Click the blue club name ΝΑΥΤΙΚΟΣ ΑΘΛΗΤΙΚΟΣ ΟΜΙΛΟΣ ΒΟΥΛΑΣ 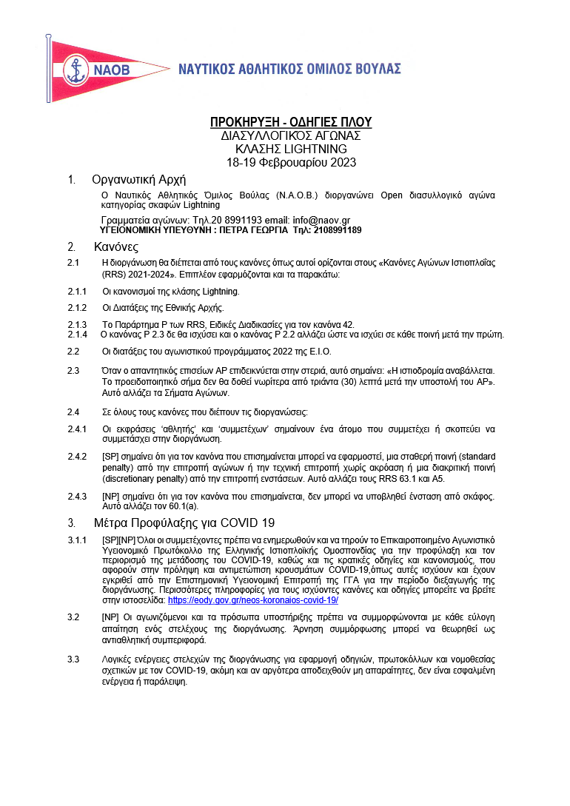(x=289, y=70)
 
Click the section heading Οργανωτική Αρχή (x=138, y=180)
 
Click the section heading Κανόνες (x=116, y=247)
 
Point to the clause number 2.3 (x=73, y=370)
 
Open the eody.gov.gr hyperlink (x=253, y=600)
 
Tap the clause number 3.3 (x=73, y=659)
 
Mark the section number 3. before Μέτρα (x=71, y=523)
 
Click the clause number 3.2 (x=73, y=617)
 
